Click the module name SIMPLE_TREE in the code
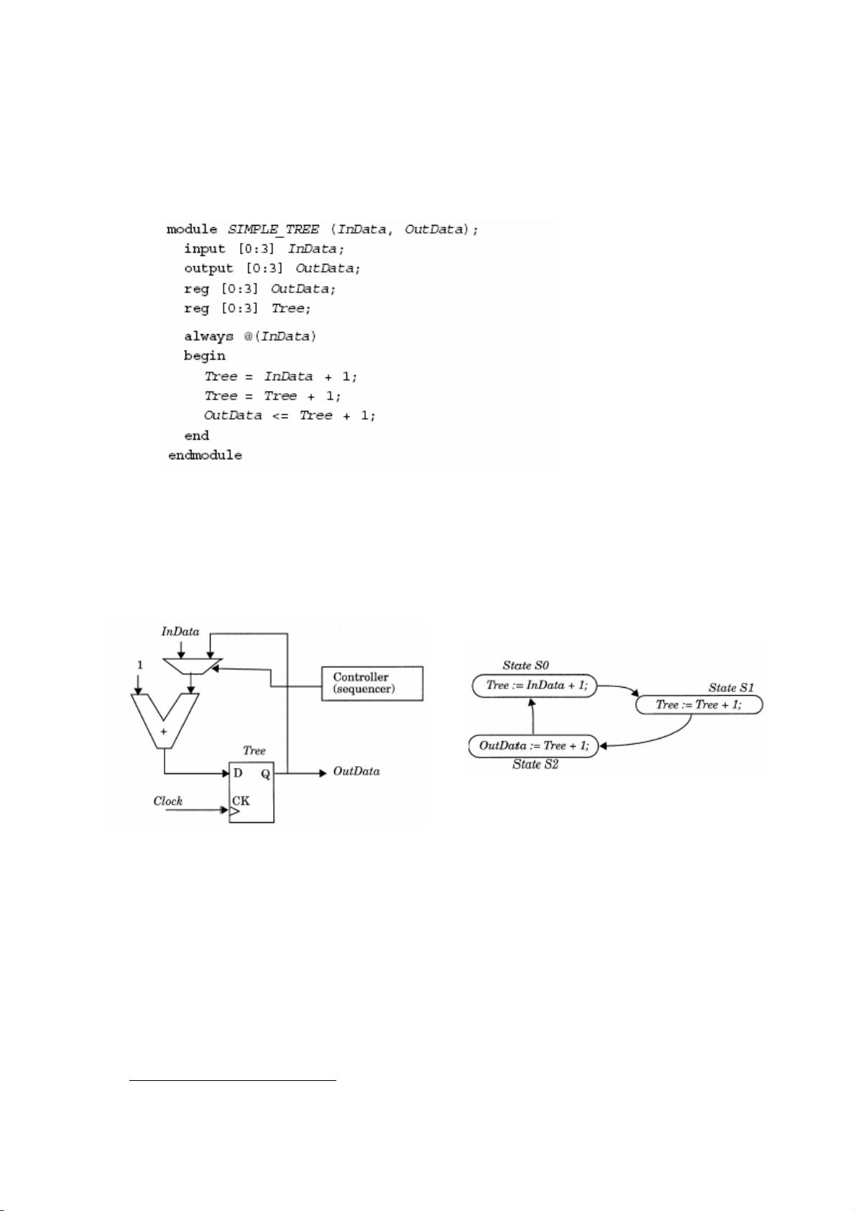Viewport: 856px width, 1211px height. pyautogui.click(x=273, y=230)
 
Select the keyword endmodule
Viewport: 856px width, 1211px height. pyautogui.click(x=205, y=456)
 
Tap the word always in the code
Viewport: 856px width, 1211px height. pyautogui.click(x=208, y=336)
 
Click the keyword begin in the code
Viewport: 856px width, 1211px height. pyautogui.click(x=204, y=356)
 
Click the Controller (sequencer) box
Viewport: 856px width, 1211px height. pyautogui.click(x=372, y=683)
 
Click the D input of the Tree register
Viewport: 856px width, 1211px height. pyautogui.click(x=238, y=773)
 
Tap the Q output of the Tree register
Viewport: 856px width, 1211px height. pyautogui.click(x=265, y=774)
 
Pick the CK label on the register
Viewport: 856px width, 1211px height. pyautogui.click(x=241, y=801)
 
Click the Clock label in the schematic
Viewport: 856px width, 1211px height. pyautogui.click(x=167, y=801)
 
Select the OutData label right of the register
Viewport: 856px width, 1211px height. pyautogui.click(x=356, y=772)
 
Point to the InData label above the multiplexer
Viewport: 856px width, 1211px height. pyautogui.click(x=180, y=632)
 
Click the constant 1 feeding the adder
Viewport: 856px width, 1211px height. pyautogui.click(x=140, y=666)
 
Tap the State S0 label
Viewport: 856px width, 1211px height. pyautogui.click(x=525, y=666)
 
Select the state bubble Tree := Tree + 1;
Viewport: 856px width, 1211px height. pyautogui.click(x=698, y=705)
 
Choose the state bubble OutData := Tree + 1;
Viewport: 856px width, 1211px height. pyautogui.click(x=533, y=746)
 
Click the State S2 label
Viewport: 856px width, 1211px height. pyautogui.click(x=535, y=765)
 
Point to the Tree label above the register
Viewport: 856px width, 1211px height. pyautogui.click(x=254, y=751)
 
